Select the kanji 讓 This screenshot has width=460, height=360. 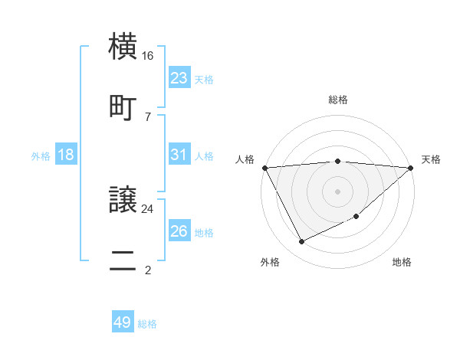pyautogui.click(x=123, y=201)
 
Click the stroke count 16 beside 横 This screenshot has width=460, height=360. pyautogui.click(x=148, y=56)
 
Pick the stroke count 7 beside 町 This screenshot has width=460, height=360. pyautogui.click(x=148, y=116)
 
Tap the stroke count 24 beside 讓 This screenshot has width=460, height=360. pyautogui.click(x=148, y=208)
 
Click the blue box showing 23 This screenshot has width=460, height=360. pyautogui.click(x=179, y=78)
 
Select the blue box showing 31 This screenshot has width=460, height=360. pyautogui.click(x=179, y=155)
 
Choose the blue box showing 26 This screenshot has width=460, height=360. pyautogui.click(x=179, y=231)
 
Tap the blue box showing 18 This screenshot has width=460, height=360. pyautogui.click(x=66, y=155)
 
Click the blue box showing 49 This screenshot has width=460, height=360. pyautogui.click(x=122, y=323)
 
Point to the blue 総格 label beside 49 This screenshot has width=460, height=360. pyautogui.click(x=147, y=324)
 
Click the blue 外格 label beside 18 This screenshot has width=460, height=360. pyautogui.click(x=41, y=155)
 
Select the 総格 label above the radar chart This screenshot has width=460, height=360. pyautogui.click(x=338, y=100)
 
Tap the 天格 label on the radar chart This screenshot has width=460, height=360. pyautogui.click(x=432, y=159)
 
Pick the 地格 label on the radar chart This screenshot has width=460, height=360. pyautogui.click(x=402, y=262)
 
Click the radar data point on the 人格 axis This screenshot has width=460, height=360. pyautogui.click(x=264, y=168)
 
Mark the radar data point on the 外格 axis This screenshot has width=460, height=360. pyautogui.click(x=301, y=242)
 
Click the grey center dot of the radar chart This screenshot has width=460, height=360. pyautogui.click(x=337, y=191)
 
